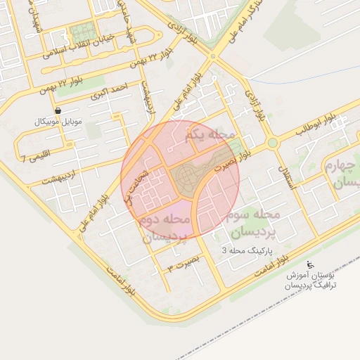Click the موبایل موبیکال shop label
click(x=58, y=122)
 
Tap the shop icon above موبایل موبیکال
click(x=58, y=111)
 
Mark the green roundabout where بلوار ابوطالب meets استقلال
click(x=273, y=143)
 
